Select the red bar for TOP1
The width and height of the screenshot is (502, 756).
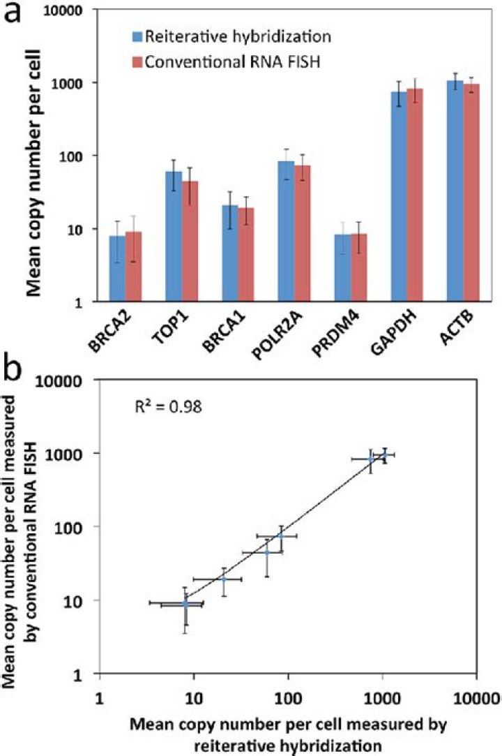point(190,241)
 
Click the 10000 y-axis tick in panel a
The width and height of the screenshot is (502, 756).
point(63,11)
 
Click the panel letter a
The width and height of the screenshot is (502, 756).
point(13,13)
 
